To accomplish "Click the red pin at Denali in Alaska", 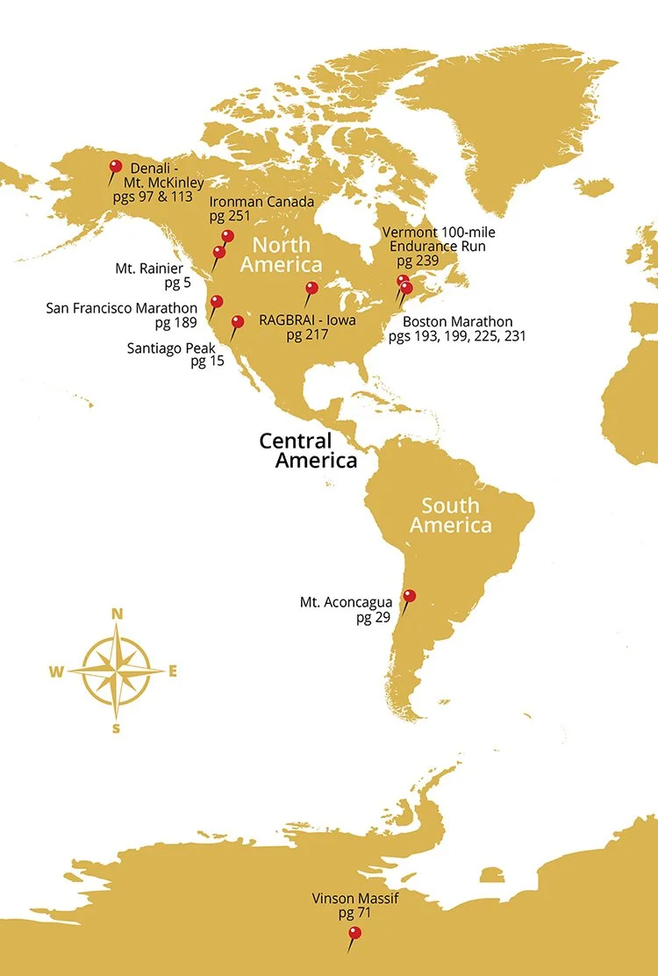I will [x=115, y=167].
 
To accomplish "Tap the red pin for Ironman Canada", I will [x=228, y=236].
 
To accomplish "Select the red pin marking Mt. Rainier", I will [x=219, y=253].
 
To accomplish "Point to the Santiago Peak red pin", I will [x=238, y=322].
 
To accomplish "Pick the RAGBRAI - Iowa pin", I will [x=311, y=288].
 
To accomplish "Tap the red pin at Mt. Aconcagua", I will [x=409, y=597].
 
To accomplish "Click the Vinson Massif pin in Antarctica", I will [x=354, y=933].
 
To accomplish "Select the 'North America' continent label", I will [x=282, y=254].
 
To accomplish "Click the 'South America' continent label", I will [x=450, y=515].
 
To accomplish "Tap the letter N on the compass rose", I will [x=117, y=614].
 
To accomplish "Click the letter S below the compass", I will [x=117, y=728].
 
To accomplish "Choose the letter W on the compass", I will [x=56, y=672].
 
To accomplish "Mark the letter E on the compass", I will [x=173, y=671].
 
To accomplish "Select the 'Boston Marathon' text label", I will [x=457, y=322].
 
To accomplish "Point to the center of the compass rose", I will [x=117, y=671].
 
